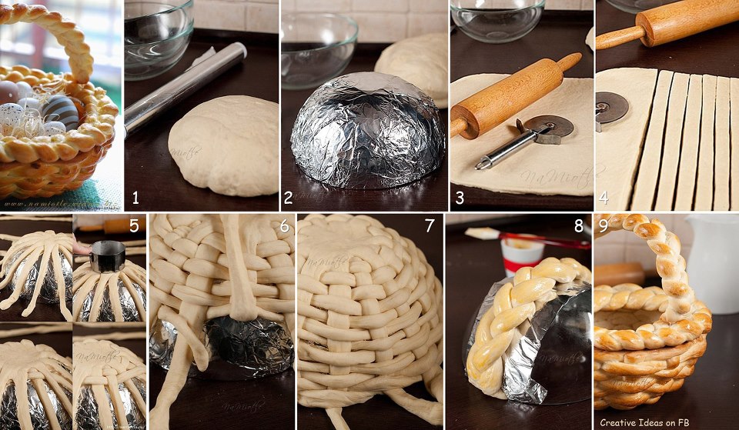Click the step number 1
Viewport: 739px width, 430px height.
coord(135,198)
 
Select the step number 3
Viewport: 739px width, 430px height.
coord(460,198)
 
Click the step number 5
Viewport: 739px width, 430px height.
coord(133,227)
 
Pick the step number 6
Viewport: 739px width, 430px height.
coord(284,227)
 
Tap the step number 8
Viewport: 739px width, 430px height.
coord(579,227)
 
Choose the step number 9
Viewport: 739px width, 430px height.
coord(604,227)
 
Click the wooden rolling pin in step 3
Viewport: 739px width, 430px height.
coord(512,96)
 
